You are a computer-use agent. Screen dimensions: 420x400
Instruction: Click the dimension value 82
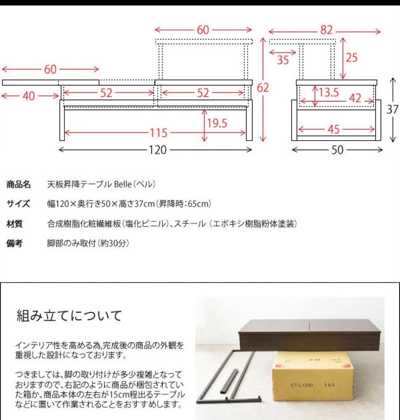click(x=326, y=31)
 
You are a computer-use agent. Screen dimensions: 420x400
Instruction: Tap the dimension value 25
click(x=351, y=58)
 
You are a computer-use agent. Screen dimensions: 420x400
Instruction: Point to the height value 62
click(x=263, y=88)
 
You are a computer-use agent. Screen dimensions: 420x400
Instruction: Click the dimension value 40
click(x=28, y=96)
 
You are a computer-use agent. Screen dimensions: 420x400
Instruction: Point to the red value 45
click(x=333, y=129)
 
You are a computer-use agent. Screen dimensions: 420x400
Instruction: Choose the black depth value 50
click(x=337, y=150)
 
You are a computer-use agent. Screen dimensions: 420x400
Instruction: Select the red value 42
click(x=354, y=98)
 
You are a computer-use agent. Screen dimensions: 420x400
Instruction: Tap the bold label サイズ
click(x=18, y=204)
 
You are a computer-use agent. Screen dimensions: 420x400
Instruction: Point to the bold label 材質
click(x=15, y=224)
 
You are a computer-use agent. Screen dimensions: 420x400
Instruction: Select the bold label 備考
click(x=15, y=243)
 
